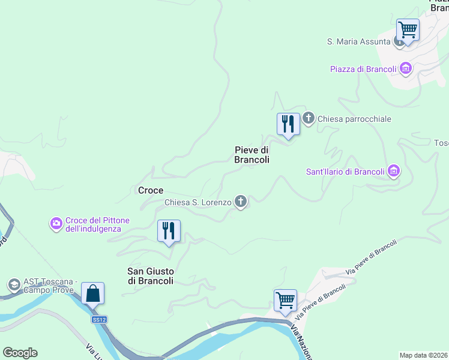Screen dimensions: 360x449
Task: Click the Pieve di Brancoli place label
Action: [252, 155]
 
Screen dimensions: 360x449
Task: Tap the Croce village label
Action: [150, 190]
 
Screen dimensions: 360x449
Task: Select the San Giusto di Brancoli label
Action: [150, 275]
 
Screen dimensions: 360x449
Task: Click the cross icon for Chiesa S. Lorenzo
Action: [241, 202]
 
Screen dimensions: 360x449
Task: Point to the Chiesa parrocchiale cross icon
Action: [309, 118]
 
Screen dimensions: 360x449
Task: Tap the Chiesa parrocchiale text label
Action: [354, 119]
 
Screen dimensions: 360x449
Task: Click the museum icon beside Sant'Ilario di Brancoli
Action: [394, 172]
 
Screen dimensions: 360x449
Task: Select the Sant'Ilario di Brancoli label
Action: [345, 172]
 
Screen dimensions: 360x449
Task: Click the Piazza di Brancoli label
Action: [363, 69]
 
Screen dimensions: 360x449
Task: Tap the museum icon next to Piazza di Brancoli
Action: [406, 68]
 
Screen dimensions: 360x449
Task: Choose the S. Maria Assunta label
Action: [358, 41]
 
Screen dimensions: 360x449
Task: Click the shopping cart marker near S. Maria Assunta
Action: [408, 30]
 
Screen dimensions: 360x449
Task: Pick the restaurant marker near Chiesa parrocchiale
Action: [288, 125]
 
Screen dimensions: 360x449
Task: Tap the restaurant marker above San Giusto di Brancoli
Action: [169, 232]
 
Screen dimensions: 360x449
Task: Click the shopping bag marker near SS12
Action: [93, 295]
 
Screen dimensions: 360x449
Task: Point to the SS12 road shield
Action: [99, 320]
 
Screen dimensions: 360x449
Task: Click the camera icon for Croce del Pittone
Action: [56, 224]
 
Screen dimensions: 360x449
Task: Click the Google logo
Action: [20, 352]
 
